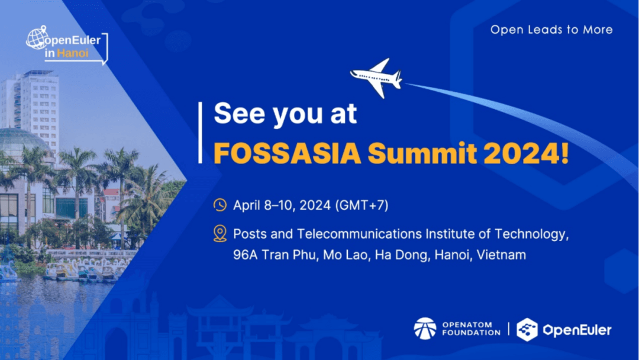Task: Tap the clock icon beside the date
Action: [x=220, y=205]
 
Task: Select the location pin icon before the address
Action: [x=220, y=234]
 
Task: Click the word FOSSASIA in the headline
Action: [x=288, y=153]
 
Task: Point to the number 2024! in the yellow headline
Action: [x=526, y=153]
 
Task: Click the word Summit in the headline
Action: [x=422, y=153]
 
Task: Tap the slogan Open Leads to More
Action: [x=551, y=30]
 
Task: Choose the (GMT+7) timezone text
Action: [x=362, y=205]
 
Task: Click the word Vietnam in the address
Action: [x=501, y=255]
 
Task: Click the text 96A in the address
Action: [x=246, y=255]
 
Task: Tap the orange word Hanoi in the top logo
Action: [x=73, y=53]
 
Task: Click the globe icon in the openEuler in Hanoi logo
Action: [x=37, y=38]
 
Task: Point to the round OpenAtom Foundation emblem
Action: [x=425, y=329]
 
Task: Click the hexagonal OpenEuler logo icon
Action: [x=527, y=329]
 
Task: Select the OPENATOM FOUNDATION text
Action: [x=471, y=329]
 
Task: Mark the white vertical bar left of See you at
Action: [x=200, y=133]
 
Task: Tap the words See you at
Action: [x=285, y=113]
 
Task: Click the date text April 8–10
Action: [x=264, y=205]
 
